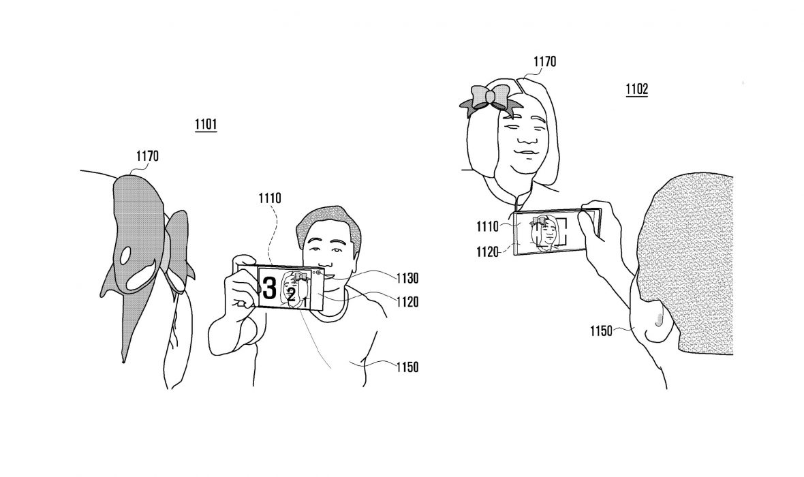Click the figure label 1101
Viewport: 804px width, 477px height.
(x=205, y=125)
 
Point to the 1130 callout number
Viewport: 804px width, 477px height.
(x=405, y=278)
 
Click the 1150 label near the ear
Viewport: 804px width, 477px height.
(x=603, y=331)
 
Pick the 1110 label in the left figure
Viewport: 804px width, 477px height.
(x=269, y=200)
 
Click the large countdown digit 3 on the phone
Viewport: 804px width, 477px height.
(x=270, y=288)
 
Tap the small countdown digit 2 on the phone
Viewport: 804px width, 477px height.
(x=291, y=295)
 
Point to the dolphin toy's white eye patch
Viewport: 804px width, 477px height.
(x=125, y=256)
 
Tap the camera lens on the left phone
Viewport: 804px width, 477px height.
(x=318, y=272)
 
